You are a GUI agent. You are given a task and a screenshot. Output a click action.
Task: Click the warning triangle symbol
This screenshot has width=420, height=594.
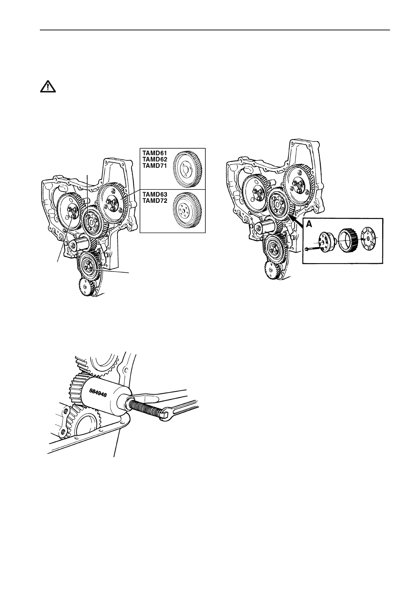tap(48, 86)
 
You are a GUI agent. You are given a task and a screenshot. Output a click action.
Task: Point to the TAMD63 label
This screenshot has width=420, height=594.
tap(154, 194)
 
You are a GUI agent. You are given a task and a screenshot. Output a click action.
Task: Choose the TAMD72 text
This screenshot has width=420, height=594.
tap(154, 200)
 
